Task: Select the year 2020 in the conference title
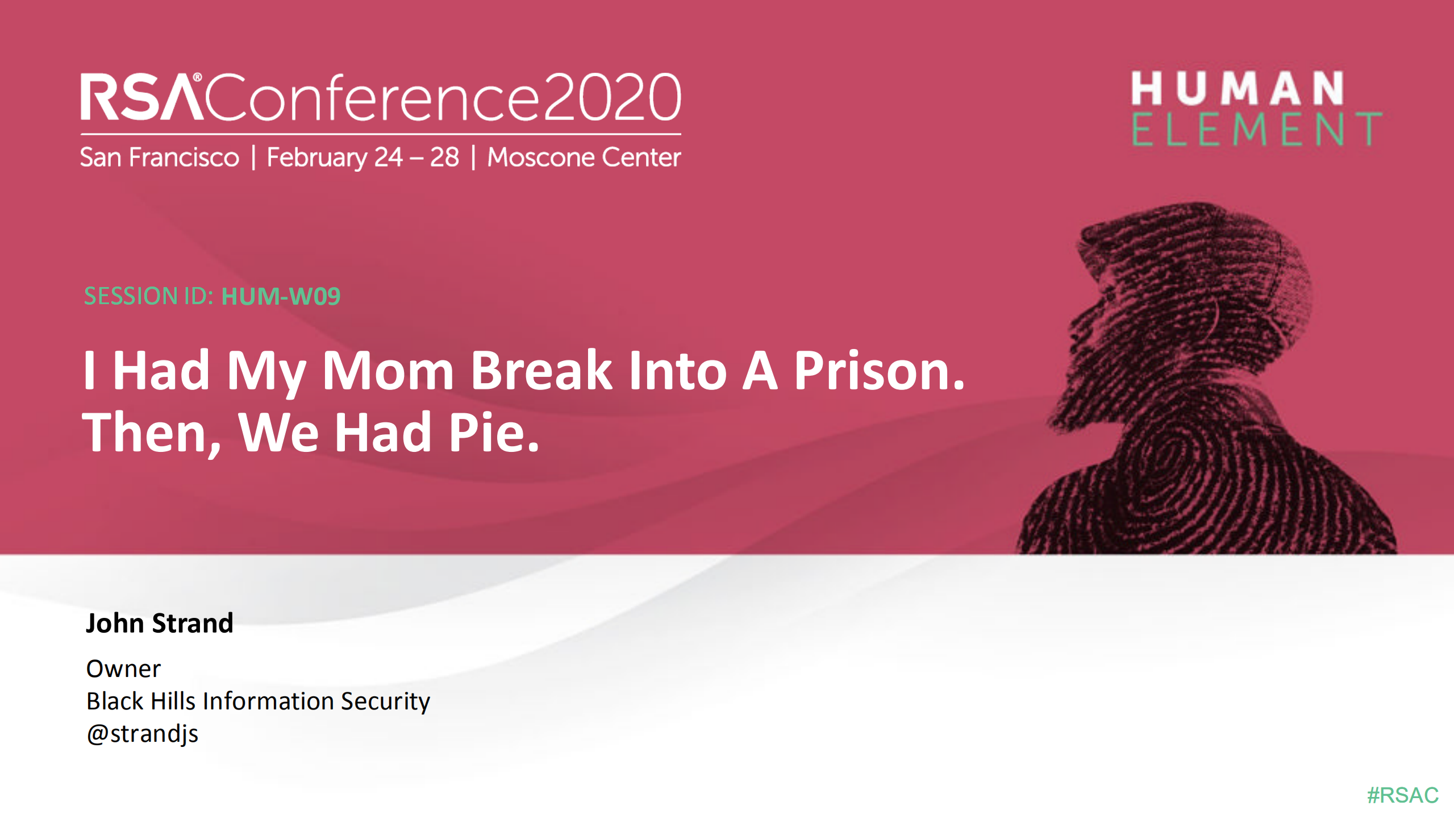[x=612, y=98]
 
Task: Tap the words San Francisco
[x=160, y=157]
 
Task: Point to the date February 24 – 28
[x=363, y=157]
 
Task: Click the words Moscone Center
[x=584, y=157]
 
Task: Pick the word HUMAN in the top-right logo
[x=1237, y=89]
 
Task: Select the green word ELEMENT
[x=1256, y=130]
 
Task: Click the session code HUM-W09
[x=281, y=296]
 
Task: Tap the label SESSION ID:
[x=148, y=296]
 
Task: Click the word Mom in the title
[x=388, y=371]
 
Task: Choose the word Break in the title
[x=541, y=371]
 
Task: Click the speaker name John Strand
[x=160, y=623]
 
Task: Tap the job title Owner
[x=123, y=668]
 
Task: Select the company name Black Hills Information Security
[x=258, y=701]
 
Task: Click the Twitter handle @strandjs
[x=143, y=733]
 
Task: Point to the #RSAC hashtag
[x=1402, y=795]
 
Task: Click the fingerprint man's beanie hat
[x=1210, y=256]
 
